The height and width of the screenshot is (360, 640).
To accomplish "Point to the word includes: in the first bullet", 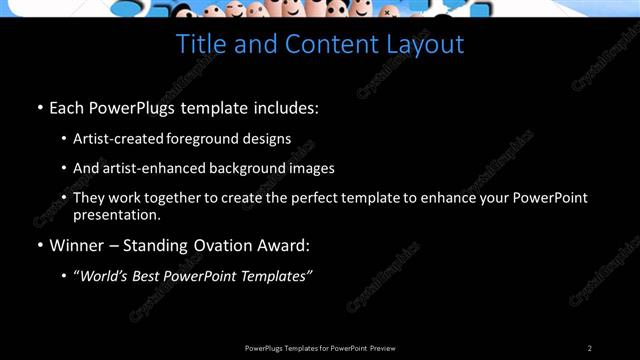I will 284,106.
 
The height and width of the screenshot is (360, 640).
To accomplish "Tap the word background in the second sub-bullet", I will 241,168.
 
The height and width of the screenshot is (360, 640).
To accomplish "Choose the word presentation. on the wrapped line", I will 117,214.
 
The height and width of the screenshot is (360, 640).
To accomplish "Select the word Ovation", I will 219,245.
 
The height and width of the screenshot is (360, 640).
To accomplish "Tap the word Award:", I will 284,245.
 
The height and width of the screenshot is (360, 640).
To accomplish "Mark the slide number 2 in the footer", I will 590,348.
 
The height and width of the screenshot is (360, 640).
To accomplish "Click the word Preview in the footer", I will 383,348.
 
